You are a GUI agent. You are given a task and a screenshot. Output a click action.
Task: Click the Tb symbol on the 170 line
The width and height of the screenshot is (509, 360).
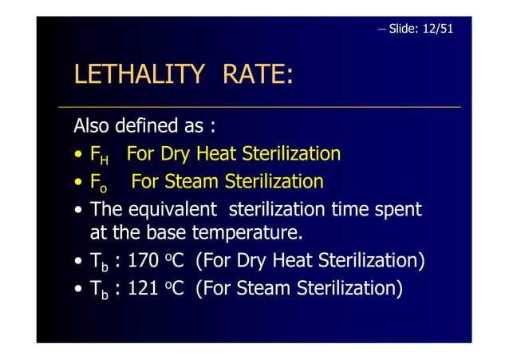click(x=99, y=263)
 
